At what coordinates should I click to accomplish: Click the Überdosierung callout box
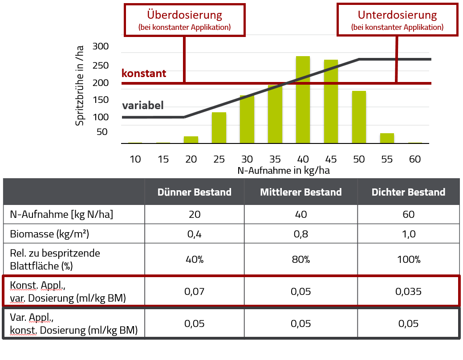pos(184,20)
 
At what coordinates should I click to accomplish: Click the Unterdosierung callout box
pos(397,20)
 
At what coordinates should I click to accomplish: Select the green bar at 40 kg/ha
pos(303,100)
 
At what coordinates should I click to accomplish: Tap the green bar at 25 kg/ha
pos(219,128)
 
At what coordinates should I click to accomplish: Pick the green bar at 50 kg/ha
pos(358,117)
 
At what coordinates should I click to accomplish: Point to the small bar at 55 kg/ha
pos(387,138)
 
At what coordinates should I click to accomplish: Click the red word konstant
pos(144,74)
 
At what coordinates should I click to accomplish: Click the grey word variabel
pos(143,106)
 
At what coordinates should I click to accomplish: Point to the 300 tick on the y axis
pos(101,46)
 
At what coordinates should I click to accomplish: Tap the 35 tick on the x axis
pos(275,159)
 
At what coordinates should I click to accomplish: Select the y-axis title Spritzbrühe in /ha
pos(80,85)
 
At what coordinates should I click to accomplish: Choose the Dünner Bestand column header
pos(195,192)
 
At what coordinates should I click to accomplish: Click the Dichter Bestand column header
pos(408,192)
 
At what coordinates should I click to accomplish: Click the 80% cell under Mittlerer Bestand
pos(301,259)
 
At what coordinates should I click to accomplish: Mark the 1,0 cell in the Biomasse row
pos(408,233)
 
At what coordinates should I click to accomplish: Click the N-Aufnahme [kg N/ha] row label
pos(61,214)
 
